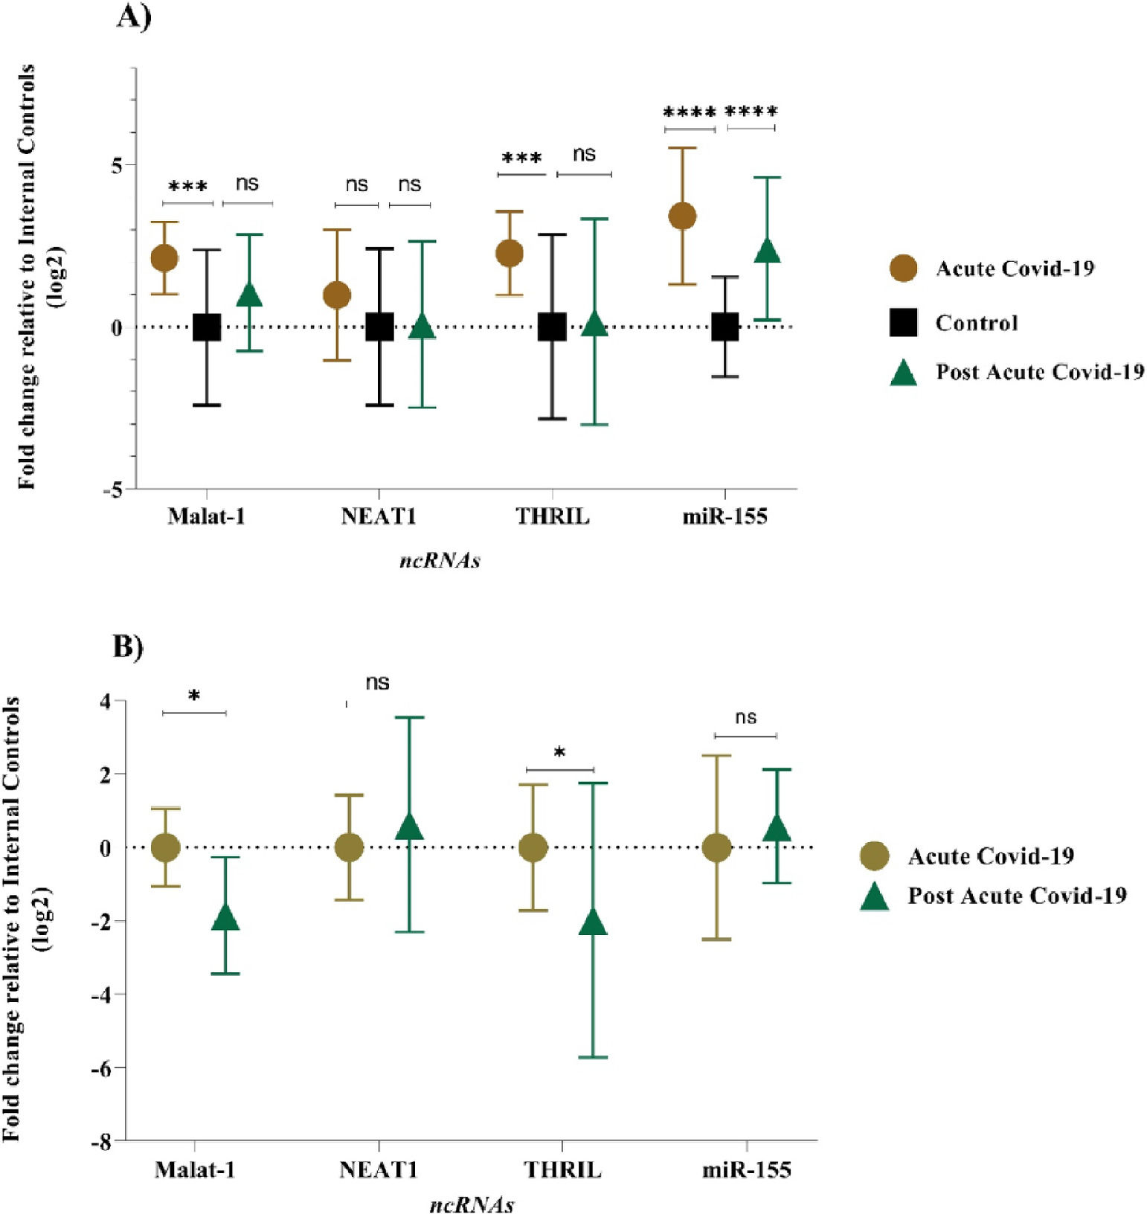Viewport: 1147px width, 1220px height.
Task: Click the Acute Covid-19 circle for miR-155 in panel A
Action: click(682, 216)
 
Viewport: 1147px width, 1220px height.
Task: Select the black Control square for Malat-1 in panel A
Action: click(207, 327)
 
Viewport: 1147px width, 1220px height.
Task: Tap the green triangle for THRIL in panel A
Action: click(594, 324)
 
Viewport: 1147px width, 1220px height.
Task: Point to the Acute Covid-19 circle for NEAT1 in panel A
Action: click(336, 295)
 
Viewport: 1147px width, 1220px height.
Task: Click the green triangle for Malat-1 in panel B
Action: click(225, 919)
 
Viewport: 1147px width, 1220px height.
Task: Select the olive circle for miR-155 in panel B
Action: click(716, 847)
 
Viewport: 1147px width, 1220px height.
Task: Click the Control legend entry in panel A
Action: click(976, 323)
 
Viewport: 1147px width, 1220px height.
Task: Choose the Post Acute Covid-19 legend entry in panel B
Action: click(1016, 896)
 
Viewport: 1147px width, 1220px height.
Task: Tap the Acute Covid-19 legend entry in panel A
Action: click(1015, 269)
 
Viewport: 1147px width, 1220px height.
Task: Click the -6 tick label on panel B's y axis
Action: click(100, 1067)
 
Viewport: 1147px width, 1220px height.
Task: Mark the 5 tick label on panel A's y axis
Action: click(118, 165)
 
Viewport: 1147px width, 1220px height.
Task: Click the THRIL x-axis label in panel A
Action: click(552, 516)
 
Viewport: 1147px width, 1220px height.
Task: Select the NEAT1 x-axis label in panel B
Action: click(379, 1170)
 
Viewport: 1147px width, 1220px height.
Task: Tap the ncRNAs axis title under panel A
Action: click(440, 560)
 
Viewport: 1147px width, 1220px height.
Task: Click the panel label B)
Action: click(128, 646)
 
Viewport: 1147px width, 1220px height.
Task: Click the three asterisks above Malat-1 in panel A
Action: click(187, 187)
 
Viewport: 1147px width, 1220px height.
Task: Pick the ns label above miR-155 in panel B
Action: click(745, 717)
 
